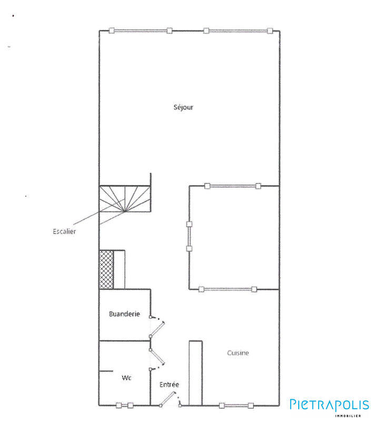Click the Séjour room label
coord(184,107)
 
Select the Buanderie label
coord(124,314)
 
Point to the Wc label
coord(126,378)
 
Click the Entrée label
coord(169,385)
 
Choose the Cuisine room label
coord(238,353)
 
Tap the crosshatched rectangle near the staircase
coord(106,270)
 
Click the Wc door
coord(158,359)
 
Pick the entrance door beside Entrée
coord(170,400)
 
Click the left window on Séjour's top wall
coord(141,31)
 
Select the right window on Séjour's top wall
coord(238,31)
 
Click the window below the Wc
coord(125,405)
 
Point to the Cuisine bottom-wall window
coord(237,405)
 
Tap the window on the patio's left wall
coord(190,236)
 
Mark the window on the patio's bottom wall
coord(228,289)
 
